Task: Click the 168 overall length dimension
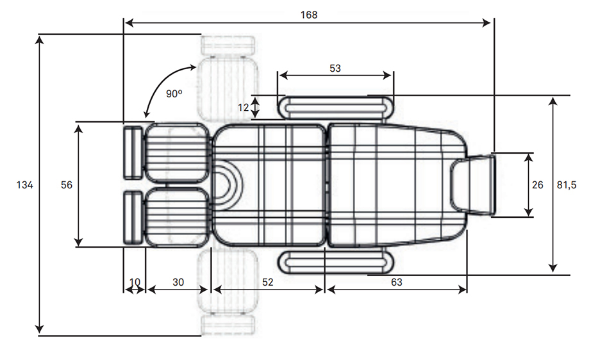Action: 308,13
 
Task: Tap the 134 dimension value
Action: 24,185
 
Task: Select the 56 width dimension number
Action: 65,184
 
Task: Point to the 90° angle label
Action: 174,94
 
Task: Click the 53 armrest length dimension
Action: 335,69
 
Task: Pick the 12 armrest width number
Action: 243,107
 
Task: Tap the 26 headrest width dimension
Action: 538,184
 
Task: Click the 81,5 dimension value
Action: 566,184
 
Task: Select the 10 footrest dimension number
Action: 135,282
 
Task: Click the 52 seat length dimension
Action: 267,282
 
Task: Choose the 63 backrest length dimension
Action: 396,282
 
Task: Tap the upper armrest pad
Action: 335,107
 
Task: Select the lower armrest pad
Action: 335,262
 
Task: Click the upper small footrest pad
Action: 132,152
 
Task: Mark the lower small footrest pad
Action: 132,217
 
